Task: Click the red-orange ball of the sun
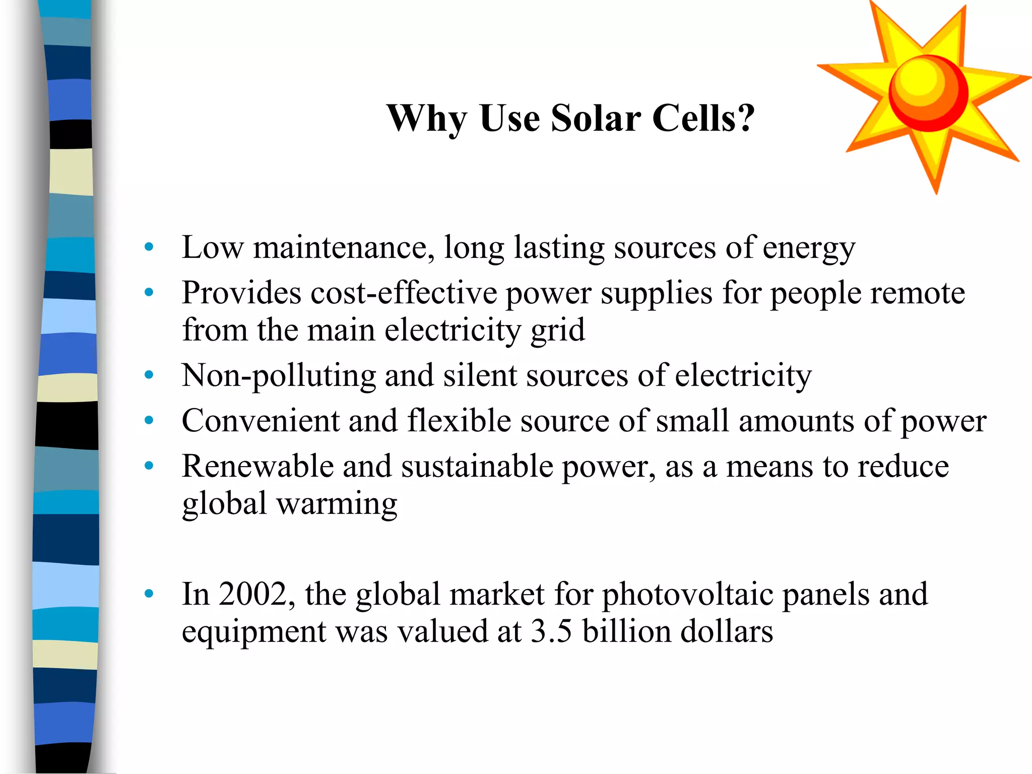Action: point(928,93)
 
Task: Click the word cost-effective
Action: point(404,293)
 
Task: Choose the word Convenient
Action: point(261,421)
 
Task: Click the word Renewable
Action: point(257,466)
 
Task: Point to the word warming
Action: point(337,504)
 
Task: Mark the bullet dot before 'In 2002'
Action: point(149,594)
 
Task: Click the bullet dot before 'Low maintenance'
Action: point(149,247)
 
